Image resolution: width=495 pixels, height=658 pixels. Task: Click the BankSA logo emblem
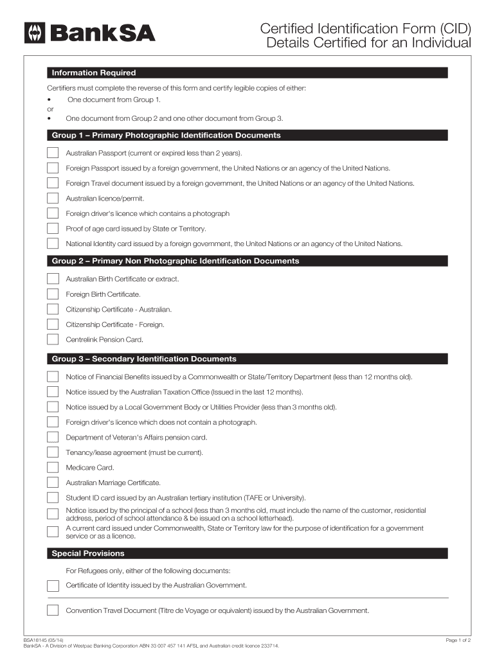[x=34, y=33]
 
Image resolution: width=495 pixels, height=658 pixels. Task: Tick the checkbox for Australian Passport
[x=52, y=153]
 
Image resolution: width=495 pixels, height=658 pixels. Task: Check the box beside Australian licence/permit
[x=52, y=198]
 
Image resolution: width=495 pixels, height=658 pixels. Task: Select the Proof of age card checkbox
[x=52, y=228]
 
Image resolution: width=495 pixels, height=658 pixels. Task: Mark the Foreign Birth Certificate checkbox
[x=52, y=294]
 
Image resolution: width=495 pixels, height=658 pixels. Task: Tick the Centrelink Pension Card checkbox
[x=52, y=339]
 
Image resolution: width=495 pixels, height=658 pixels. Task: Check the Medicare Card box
[x=52, y=467]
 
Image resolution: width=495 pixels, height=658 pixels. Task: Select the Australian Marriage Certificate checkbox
[x=52, y=482]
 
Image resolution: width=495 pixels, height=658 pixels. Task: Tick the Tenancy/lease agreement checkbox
[x=52, y=452]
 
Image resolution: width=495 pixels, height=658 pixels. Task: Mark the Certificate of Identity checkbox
[x=52, y=585]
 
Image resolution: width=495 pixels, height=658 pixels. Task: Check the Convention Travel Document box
[x=52, y=610]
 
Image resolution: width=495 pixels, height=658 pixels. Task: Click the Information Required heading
[x=94, y=73]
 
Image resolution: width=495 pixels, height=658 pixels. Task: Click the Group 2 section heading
[x=175, y=261]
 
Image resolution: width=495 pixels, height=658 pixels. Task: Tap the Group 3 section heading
[x=144, y=359]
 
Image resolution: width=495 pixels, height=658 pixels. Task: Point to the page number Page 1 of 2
[x=458, y=640]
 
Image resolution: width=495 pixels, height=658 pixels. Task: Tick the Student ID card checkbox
[x=52, y=497]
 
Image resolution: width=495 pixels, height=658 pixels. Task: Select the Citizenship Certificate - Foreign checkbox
[x=52, y=324]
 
